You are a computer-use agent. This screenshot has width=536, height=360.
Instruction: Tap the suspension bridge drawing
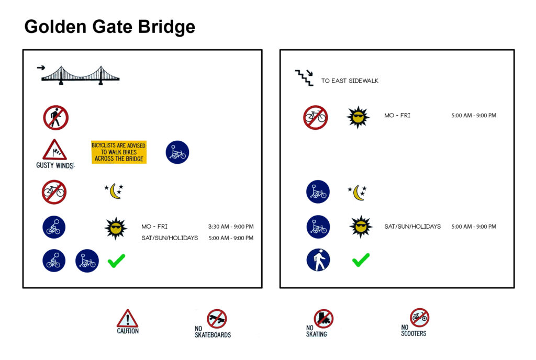coord(80,75)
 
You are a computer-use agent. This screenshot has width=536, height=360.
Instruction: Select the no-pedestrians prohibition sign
coord(55,118)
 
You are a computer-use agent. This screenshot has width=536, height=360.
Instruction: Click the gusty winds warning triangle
coord(54,150)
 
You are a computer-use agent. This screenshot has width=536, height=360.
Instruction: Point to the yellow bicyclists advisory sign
coord(119,152)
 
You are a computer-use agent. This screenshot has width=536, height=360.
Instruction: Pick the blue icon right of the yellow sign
coord(177,152)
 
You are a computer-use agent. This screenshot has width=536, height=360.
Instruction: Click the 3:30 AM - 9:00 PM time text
coord(231,227)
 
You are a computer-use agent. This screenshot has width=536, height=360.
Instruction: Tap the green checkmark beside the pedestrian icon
coord(361,260)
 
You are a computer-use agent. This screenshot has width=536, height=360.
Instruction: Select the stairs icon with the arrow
coord(304,77)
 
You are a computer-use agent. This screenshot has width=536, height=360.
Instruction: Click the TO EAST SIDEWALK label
coord(350,81)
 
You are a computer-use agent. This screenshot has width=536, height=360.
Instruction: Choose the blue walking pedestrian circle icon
coord(318,260)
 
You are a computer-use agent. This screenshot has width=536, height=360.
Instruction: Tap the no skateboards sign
coord(217,319)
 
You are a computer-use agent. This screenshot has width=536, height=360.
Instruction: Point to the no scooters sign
coord(419,318)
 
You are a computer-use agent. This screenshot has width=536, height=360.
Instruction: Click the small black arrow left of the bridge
coord(41,67)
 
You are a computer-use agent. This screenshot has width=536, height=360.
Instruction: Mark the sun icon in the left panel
coord(116,228)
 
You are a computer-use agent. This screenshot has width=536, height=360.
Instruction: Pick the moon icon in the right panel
coord(357,193)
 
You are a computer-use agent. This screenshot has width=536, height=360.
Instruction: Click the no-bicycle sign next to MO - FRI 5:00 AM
coord(316,118)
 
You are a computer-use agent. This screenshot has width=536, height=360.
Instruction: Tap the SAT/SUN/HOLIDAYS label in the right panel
coord(412,227)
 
